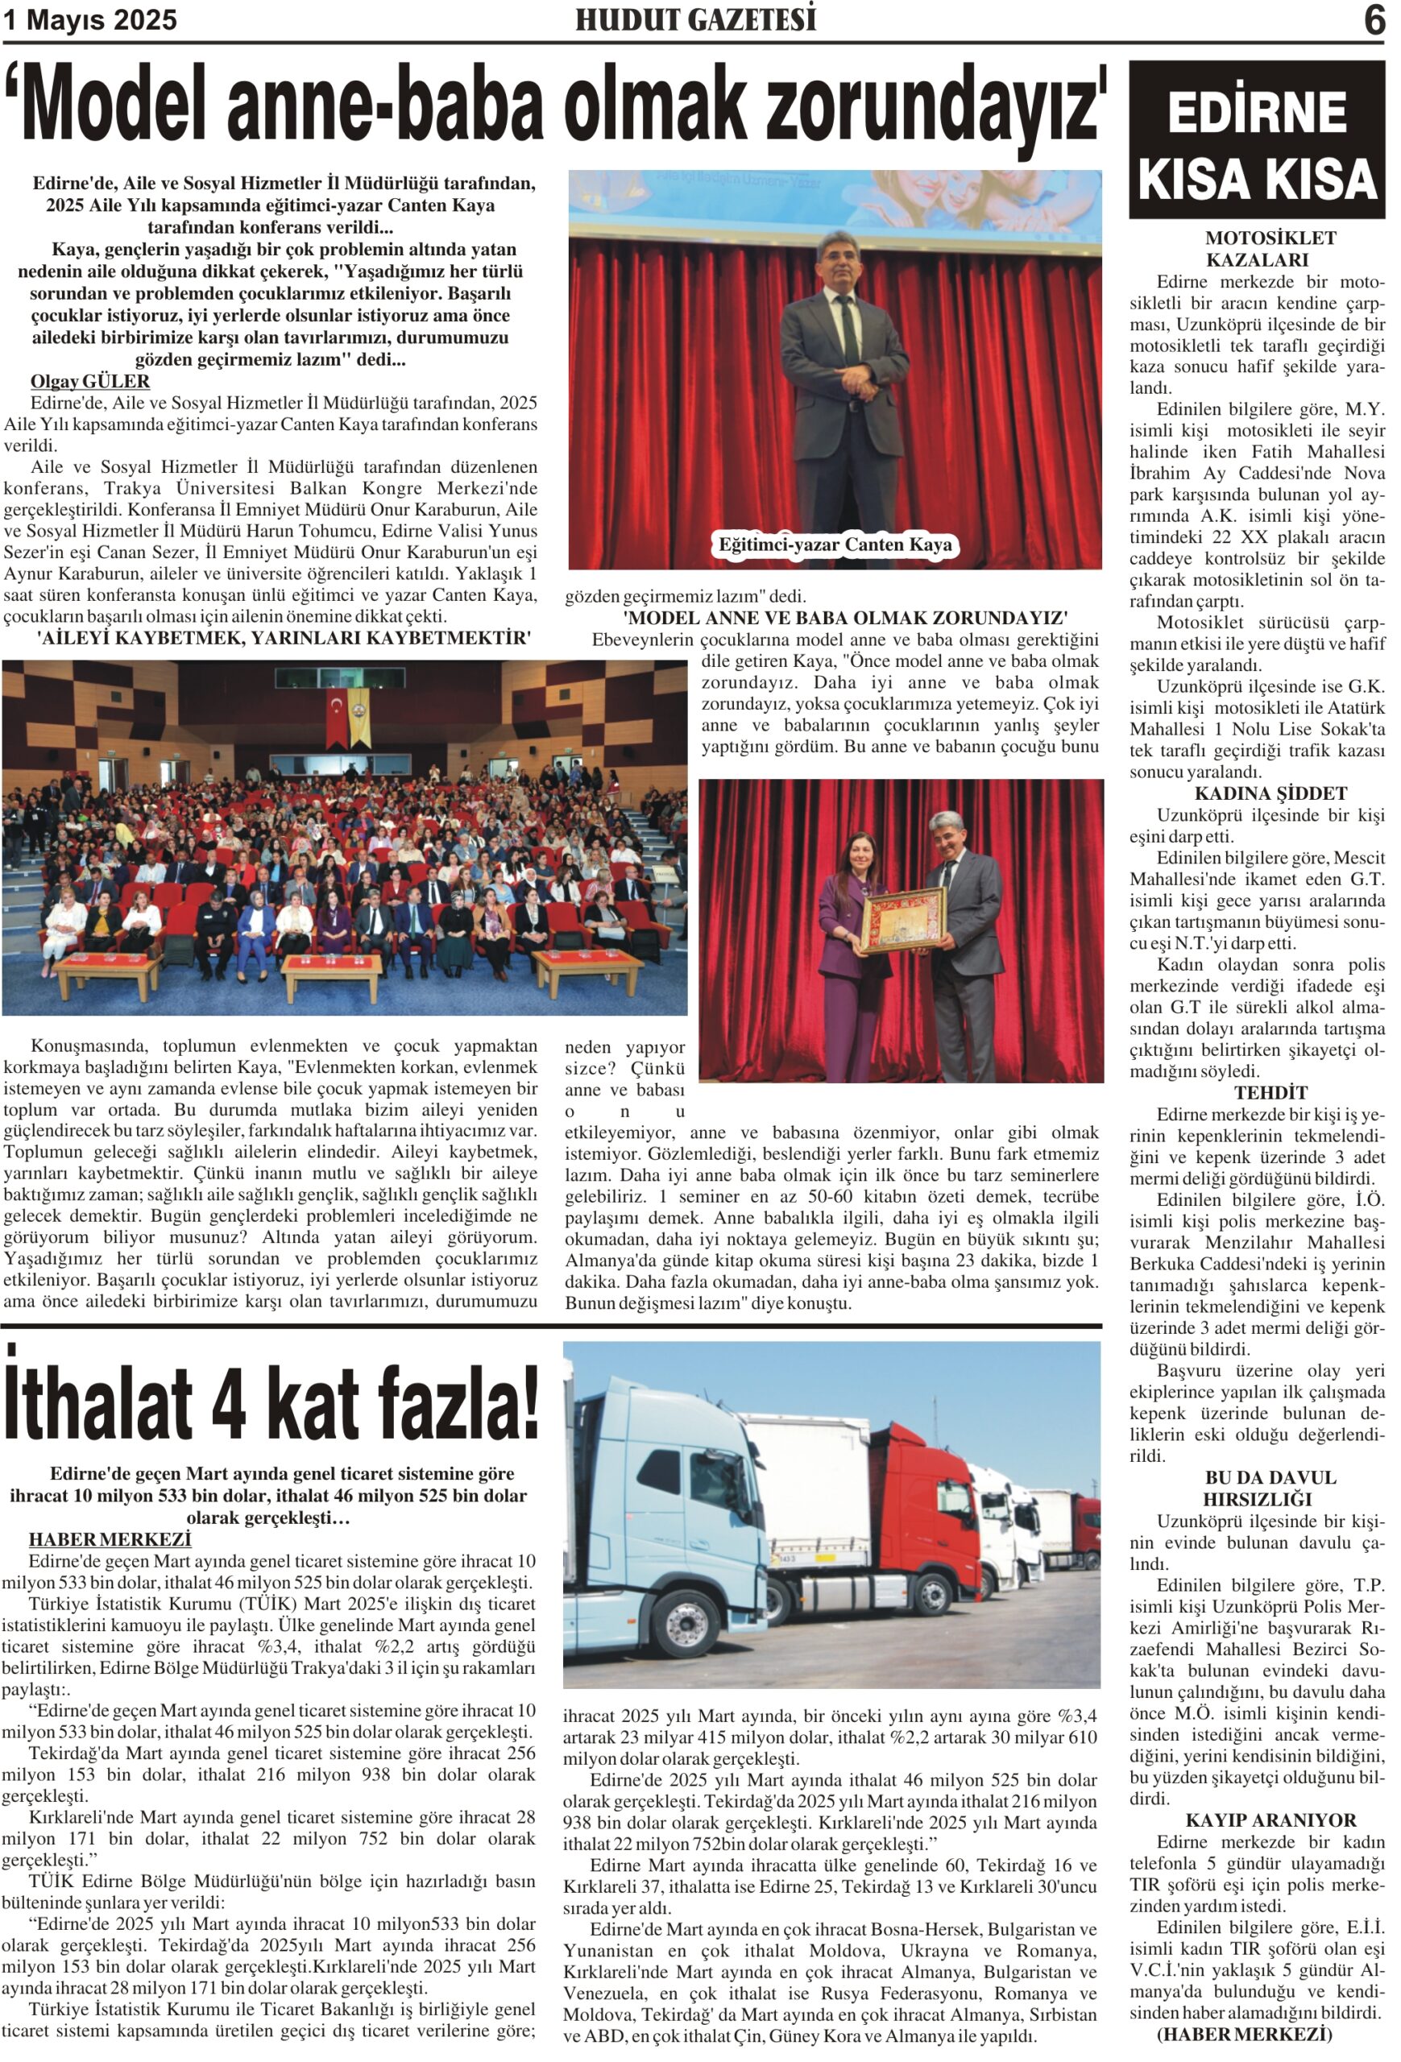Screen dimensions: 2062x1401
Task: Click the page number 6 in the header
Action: click(x=1374, y=19)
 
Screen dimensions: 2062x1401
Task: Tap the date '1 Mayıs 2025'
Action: click(x=90, y=19)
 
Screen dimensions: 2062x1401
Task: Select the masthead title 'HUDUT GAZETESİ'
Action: click(x=694, y=19)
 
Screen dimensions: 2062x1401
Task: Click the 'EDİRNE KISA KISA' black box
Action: click(x=1255, y=140)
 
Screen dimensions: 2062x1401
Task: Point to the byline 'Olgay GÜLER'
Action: click(x=89, y=382)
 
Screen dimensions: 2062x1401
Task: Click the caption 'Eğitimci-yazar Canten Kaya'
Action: click(x=834, y=544)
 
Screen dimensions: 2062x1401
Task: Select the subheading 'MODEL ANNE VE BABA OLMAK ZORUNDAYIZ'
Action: click(x=844, y=618)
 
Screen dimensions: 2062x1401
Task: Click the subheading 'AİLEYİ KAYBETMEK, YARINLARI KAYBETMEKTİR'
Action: click(x=284, y=638)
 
